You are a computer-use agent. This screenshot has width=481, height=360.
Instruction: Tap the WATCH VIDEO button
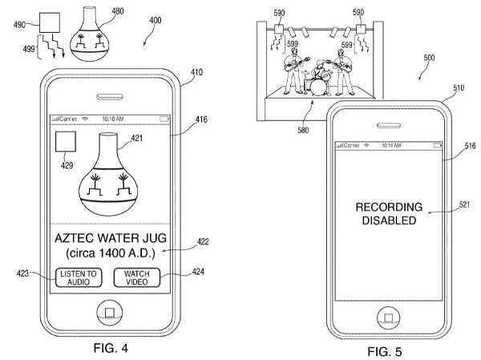(x=136, y=277)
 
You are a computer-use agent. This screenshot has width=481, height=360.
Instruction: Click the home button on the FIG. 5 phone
(x=386, y=317)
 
